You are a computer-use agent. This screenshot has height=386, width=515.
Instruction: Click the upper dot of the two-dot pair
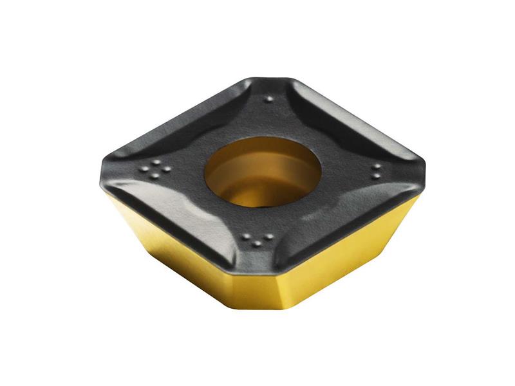(x=375, y=167)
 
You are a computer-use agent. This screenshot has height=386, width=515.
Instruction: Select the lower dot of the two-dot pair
(x=376, y=176)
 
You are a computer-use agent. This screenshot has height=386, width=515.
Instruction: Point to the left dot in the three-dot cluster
(x=246, y=237)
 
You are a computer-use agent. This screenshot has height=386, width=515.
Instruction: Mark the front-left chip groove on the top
(x=167, y=206)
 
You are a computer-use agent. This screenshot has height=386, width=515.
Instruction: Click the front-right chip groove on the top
(x=348, y=212)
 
